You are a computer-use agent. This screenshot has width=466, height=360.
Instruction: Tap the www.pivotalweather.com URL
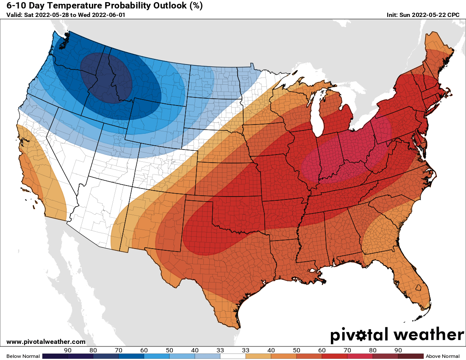[x=46, y=342]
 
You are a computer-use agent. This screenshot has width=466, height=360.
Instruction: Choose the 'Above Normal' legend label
[x=442, y=356]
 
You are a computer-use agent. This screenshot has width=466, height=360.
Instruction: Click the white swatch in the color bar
[x=233, y=356]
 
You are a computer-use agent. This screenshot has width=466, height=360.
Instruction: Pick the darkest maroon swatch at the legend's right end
[x=411, y=356]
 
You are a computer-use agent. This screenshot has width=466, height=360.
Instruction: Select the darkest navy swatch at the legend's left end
[x=55, y=356]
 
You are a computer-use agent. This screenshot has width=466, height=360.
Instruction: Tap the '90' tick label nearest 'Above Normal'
[x=398, y=350]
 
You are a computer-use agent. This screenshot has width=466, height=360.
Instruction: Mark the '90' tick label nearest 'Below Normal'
[x=68, y=350]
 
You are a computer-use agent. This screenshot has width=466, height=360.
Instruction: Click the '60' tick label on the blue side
[x=144, y=350]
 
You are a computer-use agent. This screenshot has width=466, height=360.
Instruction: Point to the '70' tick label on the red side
[x=347, y=350]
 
